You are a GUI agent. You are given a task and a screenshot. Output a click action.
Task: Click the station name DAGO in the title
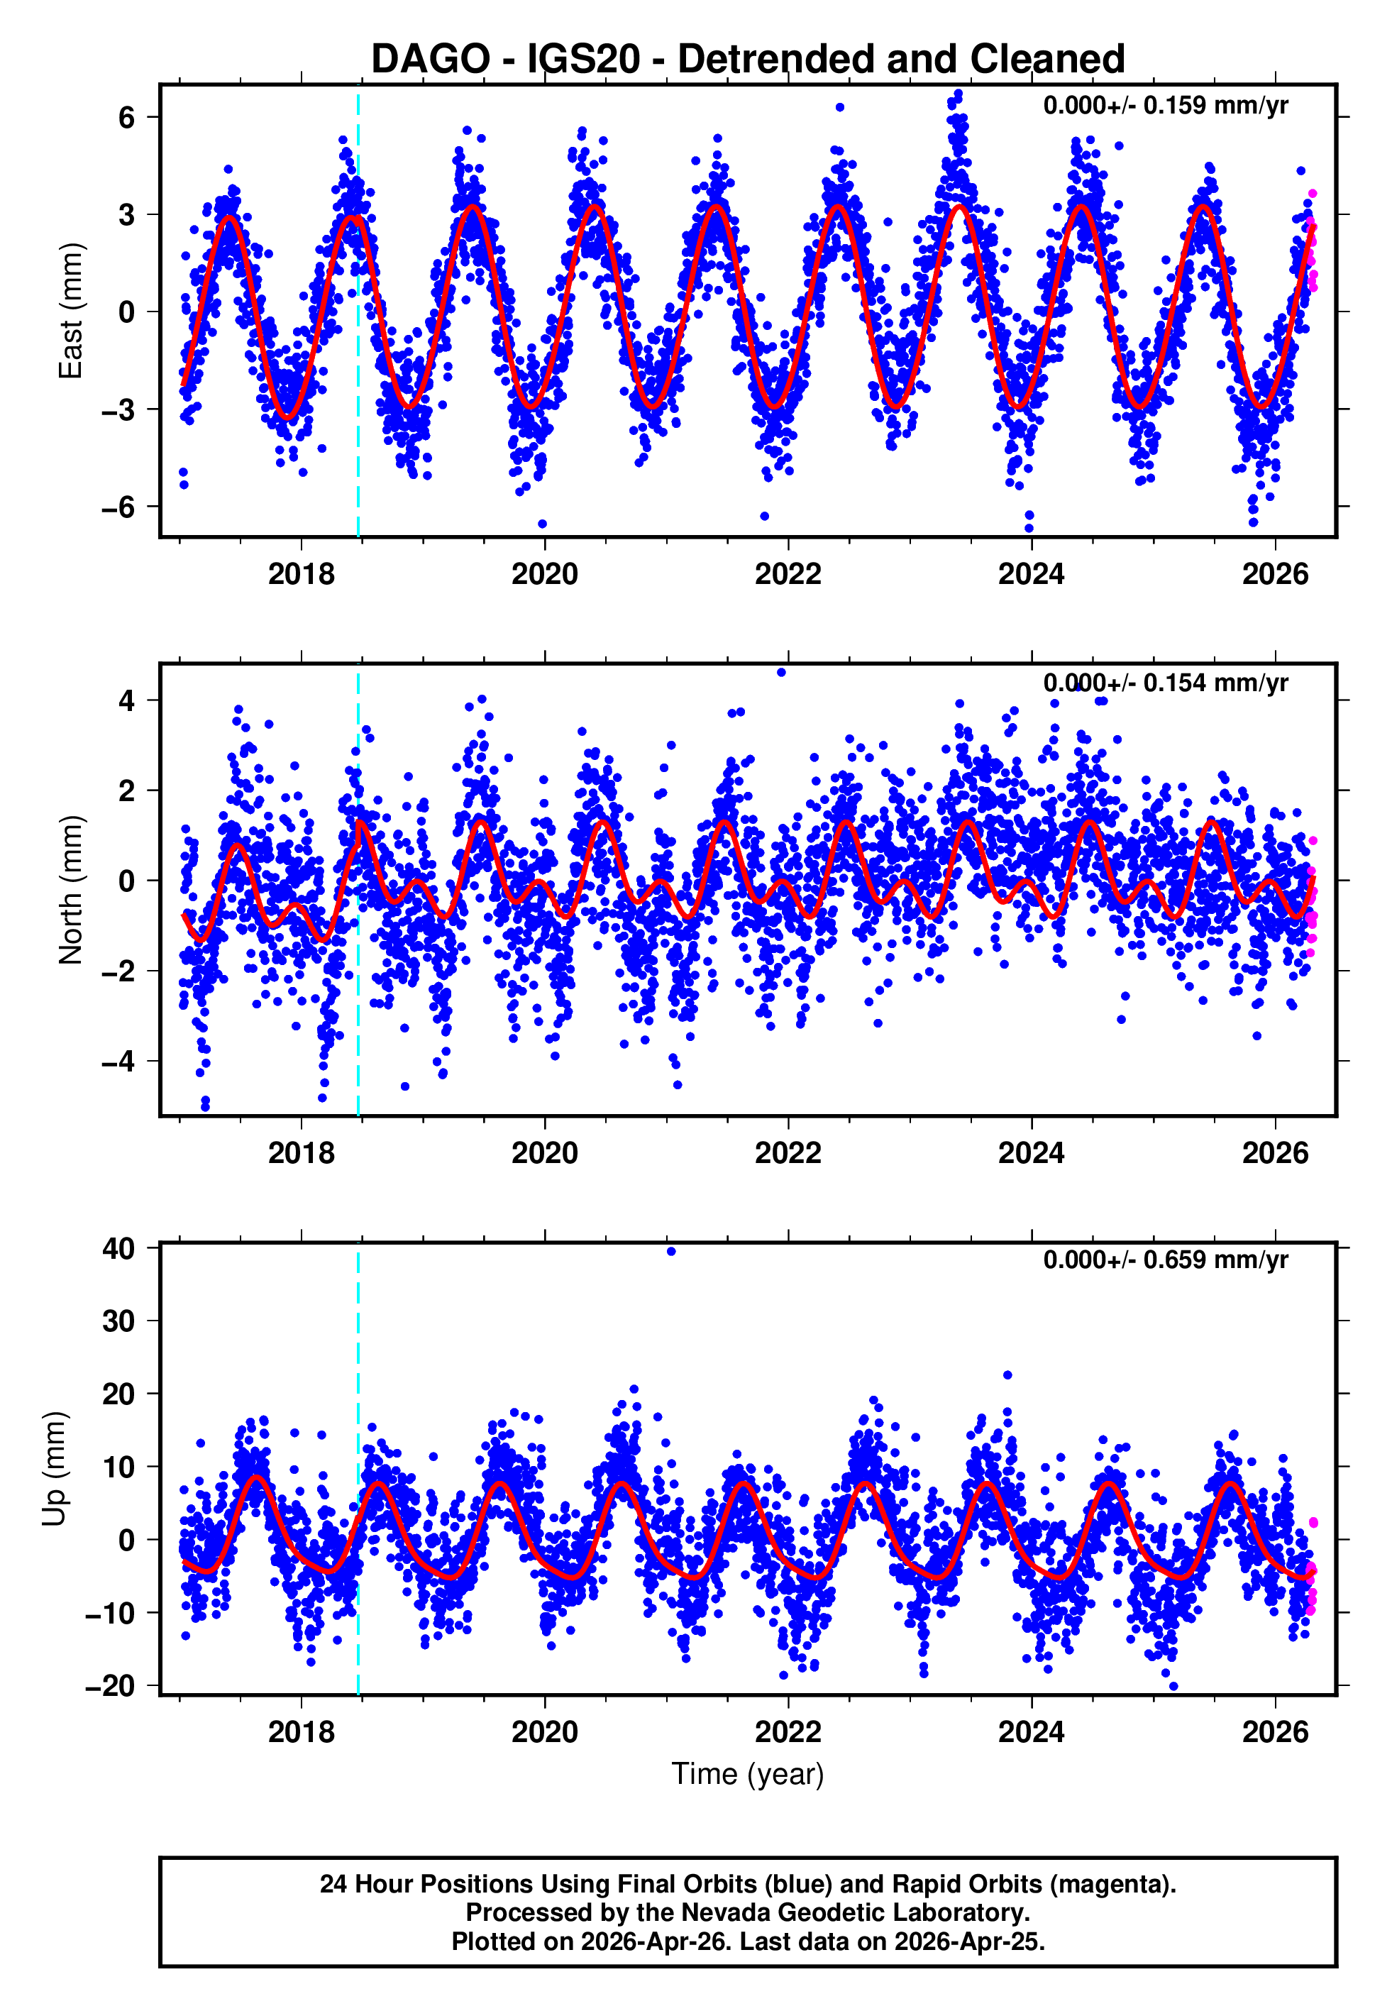pos(430,60)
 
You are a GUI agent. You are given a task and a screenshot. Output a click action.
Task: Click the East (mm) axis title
pos(70,311)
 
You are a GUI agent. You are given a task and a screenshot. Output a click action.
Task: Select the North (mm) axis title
pos(70,890)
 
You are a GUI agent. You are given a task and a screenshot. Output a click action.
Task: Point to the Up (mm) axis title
pos(54,1469)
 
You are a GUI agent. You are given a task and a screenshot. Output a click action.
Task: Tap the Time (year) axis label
pos(748,1775)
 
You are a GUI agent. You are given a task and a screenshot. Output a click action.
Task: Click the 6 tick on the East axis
pos(126,117)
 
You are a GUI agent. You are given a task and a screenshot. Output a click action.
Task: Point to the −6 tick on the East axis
pos(118,507)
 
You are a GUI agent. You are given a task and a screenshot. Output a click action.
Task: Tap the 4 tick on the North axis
pos(126,700)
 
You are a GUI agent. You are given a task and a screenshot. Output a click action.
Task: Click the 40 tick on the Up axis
pos(118,1248)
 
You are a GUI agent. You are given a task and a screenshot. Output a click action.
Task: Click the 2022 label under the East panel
pos(788,575)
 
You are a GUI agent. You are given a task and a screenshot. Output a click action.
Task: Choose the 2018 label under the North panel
pos(301,1153)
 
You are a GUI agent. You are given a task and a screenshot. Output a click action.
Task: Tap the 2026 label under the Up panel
pos(1275,1731)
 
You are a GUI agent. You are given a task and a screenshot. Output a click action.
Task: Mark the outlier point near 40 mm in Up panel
pos(670,1252)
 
